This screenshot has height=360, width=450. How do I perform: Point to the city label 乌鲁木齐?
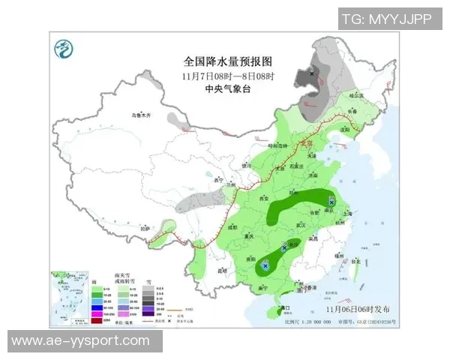pos(141,115)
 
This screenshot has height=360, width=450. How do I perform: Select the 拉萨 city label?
pos(147,227)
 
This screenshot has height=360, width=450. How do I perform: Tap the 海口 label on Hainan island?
pos(284,307)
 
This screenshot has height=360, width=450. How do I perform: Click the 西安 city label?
pos(262,198)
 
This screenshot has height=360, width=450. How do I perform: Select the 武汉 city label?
pos(302,224)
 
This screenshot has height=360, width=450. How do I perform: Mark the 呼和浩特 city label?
pos(276,146)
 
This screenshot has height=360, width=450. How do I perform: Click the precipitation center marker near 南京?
pos(331,202)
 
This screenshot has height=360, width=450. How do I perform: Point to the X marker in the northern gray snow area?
pos(313,73)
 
